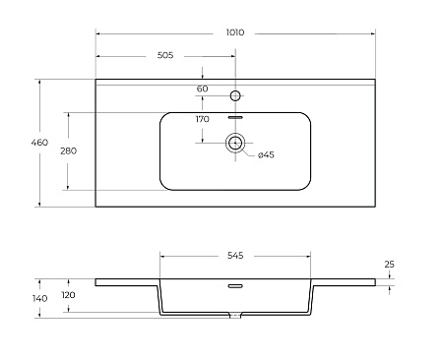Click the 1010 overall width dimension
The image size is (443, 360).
235,32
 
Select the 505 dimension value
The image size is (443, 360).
165,55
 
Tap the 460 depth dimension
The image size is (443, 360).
39,143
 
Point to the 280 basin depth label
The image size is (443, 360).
68,150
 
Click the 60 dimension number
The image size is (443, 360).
203,89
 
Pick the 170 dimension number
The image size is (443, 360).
203,119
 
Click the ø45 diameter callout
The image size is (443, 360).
266,154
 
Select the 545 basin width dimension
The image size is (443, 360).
235,256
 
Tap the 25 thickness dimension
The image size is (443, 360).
389,265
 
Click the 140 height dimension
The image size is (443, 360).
39,298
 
